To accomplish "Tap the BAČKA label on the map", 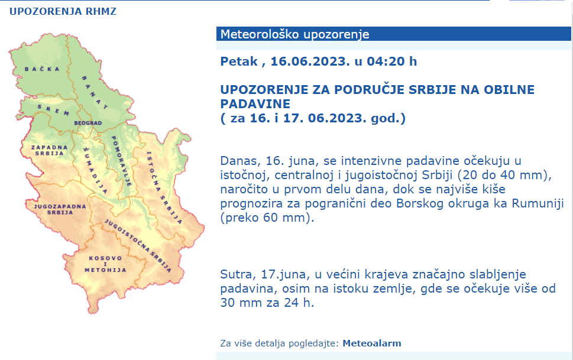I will click(x=41, y=69).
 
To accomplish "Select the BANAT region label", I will click(x=94, y=92).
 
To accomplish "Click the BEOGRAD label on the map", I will click(x=88, y=123).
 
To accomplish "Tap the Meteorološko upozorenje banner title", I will click(x=294, y=34).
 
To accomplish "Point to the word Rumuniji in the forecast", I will click(x=532, y=203).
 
